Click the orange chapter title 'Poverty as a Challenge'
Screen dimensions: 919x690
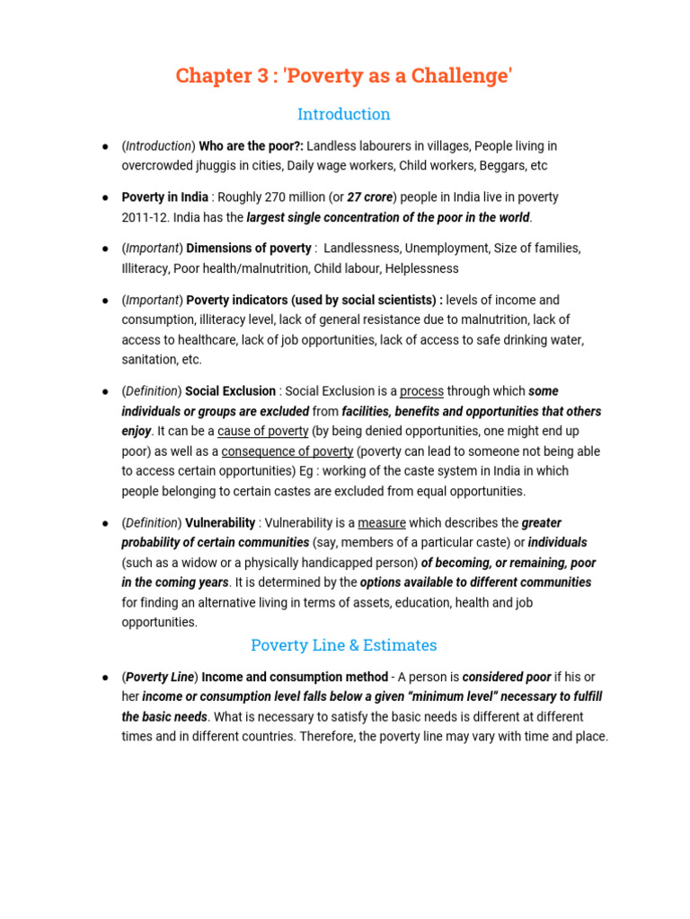pos(344,76)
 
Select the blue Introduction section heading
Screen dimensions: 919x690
pos(344,114)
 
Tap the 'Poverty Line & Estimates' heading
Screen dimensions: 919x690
pos(344,644)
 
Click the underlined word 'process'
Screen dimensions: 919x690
pos(421,391)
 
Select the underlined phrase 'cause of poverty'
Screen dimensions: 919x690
pos(263,432)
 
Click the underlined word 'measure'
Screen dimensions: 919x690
pos(382,523)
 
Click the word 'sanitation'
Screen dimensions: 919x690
pos(147,360)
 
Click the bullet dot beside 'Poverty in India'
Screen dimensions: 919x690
pos(104,197)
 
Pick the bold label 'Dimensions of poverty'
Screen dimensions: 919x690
pos(249,249)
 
